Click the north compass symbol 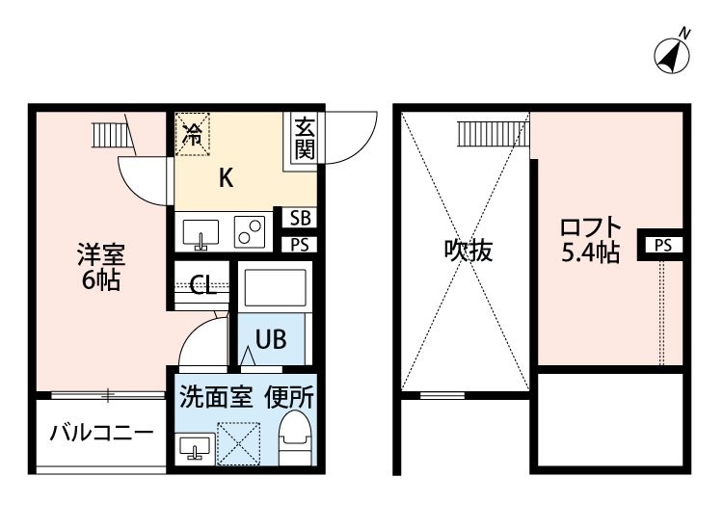click(673, 54)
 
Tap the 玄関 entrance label click(305, 138)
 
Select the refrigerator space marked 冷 click(193, 134)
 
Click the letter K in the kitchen click(226, 177)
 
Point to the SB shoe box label click(300, 218)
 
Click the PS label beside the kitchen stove click(300, 245)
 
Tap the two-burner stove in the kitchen click(250, 232)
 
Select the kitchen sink click(201, 233)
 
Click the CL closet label click(202, 285)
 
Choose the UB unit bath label click(271, 339)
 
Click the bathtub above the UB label click(275, 288)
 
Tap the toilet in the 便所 click(296, 437)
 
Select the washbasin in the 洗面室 click(195, 446)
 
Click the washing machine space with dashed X click(238, 443)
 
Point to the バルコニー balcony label click(101, 433)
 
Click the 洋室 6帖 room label click(101, 267)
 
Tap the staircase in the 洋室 click(114, 134)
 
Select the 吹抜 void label click(469, 251)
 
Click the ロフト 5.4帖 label click(590, 240)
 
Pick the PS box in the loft click(660, 245)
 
